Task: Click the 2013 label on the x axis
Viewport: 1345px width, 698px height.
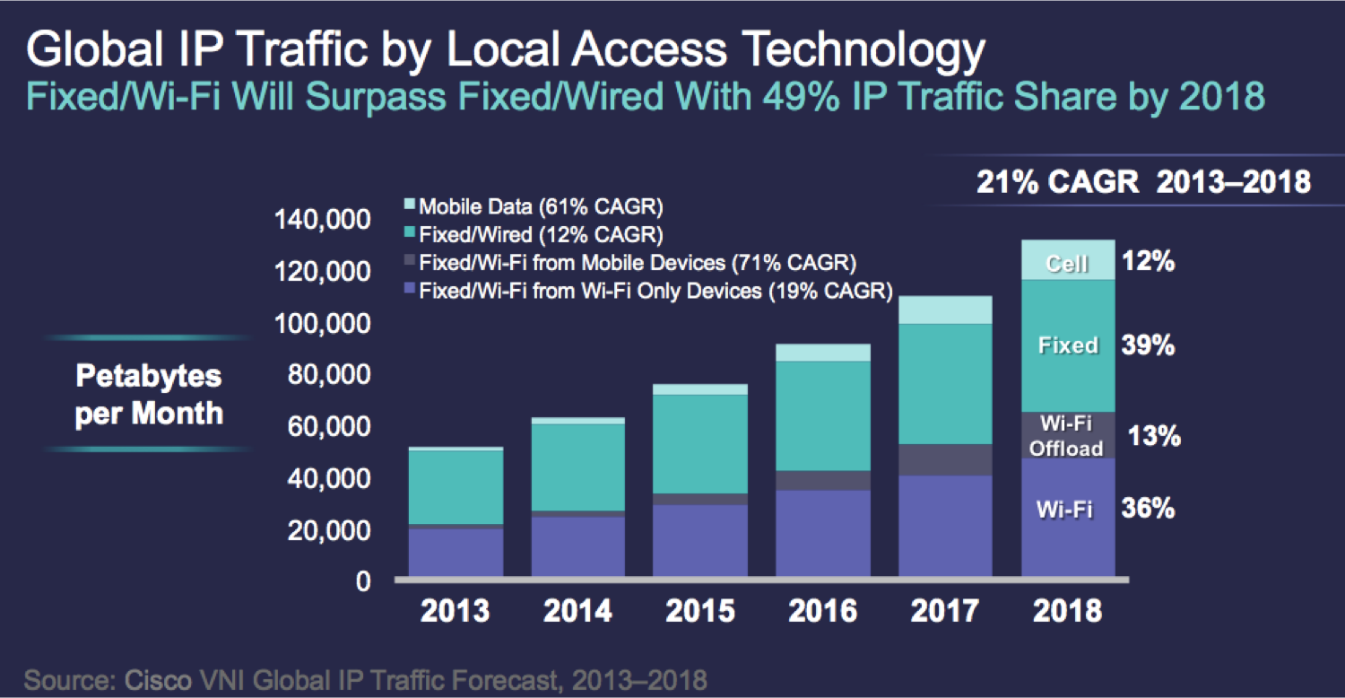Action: tap(456, 611)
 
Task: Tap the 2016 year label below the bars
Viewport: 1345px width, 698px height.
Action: tap(822, 611)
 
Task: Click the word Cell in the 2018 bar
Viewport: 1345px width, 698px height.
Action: tap(1067, 264)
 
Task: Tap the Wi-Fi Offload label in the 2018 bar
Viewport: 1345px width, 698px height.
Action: tap(1066, 436)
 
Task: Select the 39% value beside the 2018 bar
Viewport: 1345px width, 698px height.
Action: tap(1148, 345)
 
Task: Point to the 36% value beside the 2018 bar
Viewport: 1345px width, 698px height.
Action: tap(1148, 509)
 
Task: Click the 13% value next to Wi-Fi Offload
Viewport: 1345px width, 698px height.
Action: tap(1155, 437)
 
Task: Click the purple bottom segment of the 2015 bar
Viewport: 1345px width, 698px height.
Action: tap(699, 543)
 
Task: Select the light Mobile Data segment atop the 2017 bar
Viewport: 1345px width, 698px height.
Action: tap(945, 310)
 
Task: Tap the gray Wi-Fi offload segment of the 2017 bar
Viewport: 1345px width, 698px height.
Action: tap(945, 459)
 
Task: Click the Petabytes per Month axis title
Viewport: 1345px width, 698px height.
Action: tap(149, 395)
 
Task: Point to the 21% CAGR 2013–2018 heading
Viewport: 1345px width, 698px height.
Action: tap(1143, 182)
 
